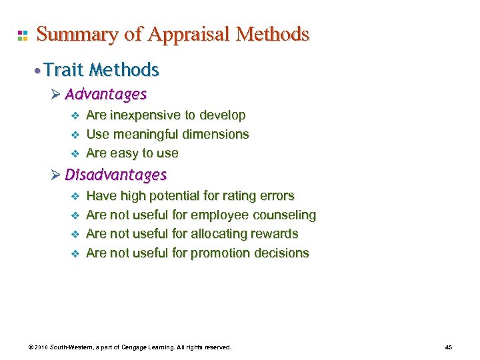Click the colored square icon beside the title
coord(22,35)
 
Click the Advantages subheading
coord(105,94)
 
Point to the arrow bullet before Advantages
coord(55,94)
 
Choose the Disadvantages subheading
coord(115,175)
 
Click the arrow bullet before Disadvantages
coord(55,175)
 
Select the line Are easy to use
coord(132,153)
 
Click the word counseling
coord(286,215)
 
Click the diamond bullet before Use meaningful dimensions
coord(75,135)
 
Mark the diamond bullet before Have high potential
coord(75,197)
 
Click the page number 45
coord(449,348)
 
